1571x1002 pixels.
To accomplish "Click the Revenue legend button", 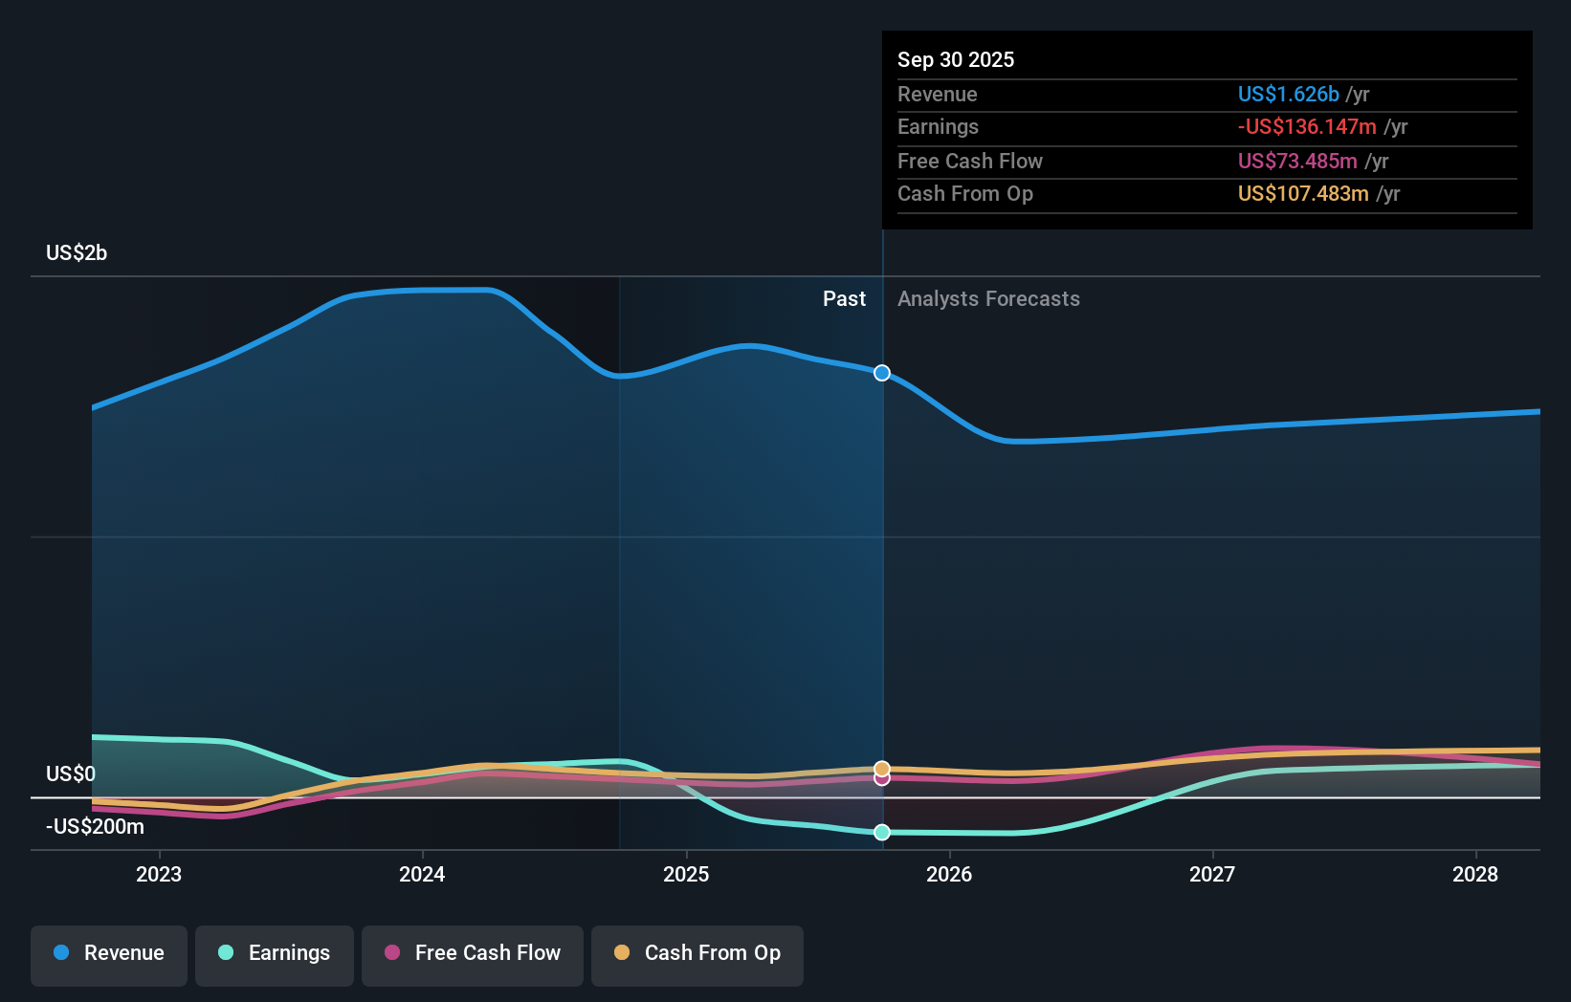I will click(x=109, y=953).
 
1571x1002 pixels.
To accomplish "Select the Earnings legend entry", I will click(x=275, y=953).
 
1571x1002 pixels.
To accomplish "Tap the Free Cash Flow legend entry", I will click(x=473, y=953).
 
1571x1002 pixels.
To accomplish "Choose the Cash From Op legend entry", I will click(x=697, y=953).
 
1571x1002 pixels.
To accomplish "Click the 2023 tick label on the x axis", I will click(x=159, y=874).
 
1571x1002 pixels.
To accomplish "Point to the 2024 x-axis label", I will click(x=422, y=874).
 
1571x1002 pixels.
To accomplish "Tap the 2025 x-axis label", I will click(x=686, y=874).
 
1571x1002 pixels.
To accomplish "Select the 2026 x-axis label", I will click(x=949, y=874).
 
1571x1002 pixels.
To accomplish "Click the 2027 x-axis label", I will click(x=1212, y=874).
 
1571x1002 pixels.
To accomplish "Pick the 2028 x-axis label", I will click(x=1475, y=874).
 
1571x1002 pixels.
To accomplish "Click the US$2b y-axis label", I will click(x=77, y=253).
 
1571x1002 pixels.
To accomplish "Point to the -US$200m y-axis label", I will click(x=95, y=827).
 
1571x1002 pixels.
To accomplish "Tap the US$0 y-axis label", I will click(x=71, y=774).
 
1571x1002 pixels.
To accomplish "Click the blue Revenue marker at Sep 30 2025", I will click(x=882, y=373).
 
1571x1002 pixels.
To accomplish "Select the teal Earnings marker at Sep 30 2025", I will click(x=882, y=833).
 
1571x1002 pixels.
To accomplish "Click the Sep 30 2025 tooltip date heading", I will click(x=956, y=59).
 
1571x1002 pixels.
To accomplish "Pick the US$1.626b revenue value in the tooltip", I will click(x=1288, y=94).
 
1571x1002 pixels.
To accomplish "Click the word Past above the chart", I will click(x=844, y=299).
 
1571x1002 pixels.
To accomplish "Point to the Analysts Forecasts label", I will click(x=988, y=299).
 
